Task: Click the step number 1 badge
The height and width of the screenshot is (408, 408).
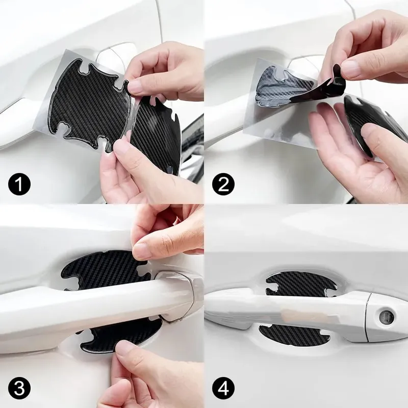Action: [19, 184]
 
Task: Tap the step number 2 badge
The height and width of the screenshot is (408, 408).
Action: [223, 184]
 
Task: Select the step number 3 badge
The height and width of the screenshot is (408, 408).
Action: [19, 389]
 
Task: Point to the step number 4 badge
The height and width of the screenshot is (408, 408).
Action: [223, 389]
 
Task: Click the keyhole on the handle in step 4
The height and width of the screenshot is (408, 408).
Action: [386, 317]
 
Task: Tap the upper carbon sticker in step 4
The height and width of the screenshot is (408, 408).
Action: [300, 284]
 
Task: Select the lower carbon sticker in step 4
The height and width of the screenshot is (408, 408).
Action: [294, 335]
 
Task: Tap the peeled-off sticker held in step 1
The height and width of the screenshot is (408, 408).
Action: [156, 133]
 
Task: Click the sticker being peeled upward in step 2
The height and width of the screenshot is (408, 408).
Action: [302, 86]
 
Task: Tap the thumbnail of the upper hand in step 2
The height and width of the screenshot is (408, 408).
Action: [350, 68]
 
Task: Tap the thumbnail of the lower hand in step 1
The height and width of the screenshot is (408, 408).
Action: [120, 147]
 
